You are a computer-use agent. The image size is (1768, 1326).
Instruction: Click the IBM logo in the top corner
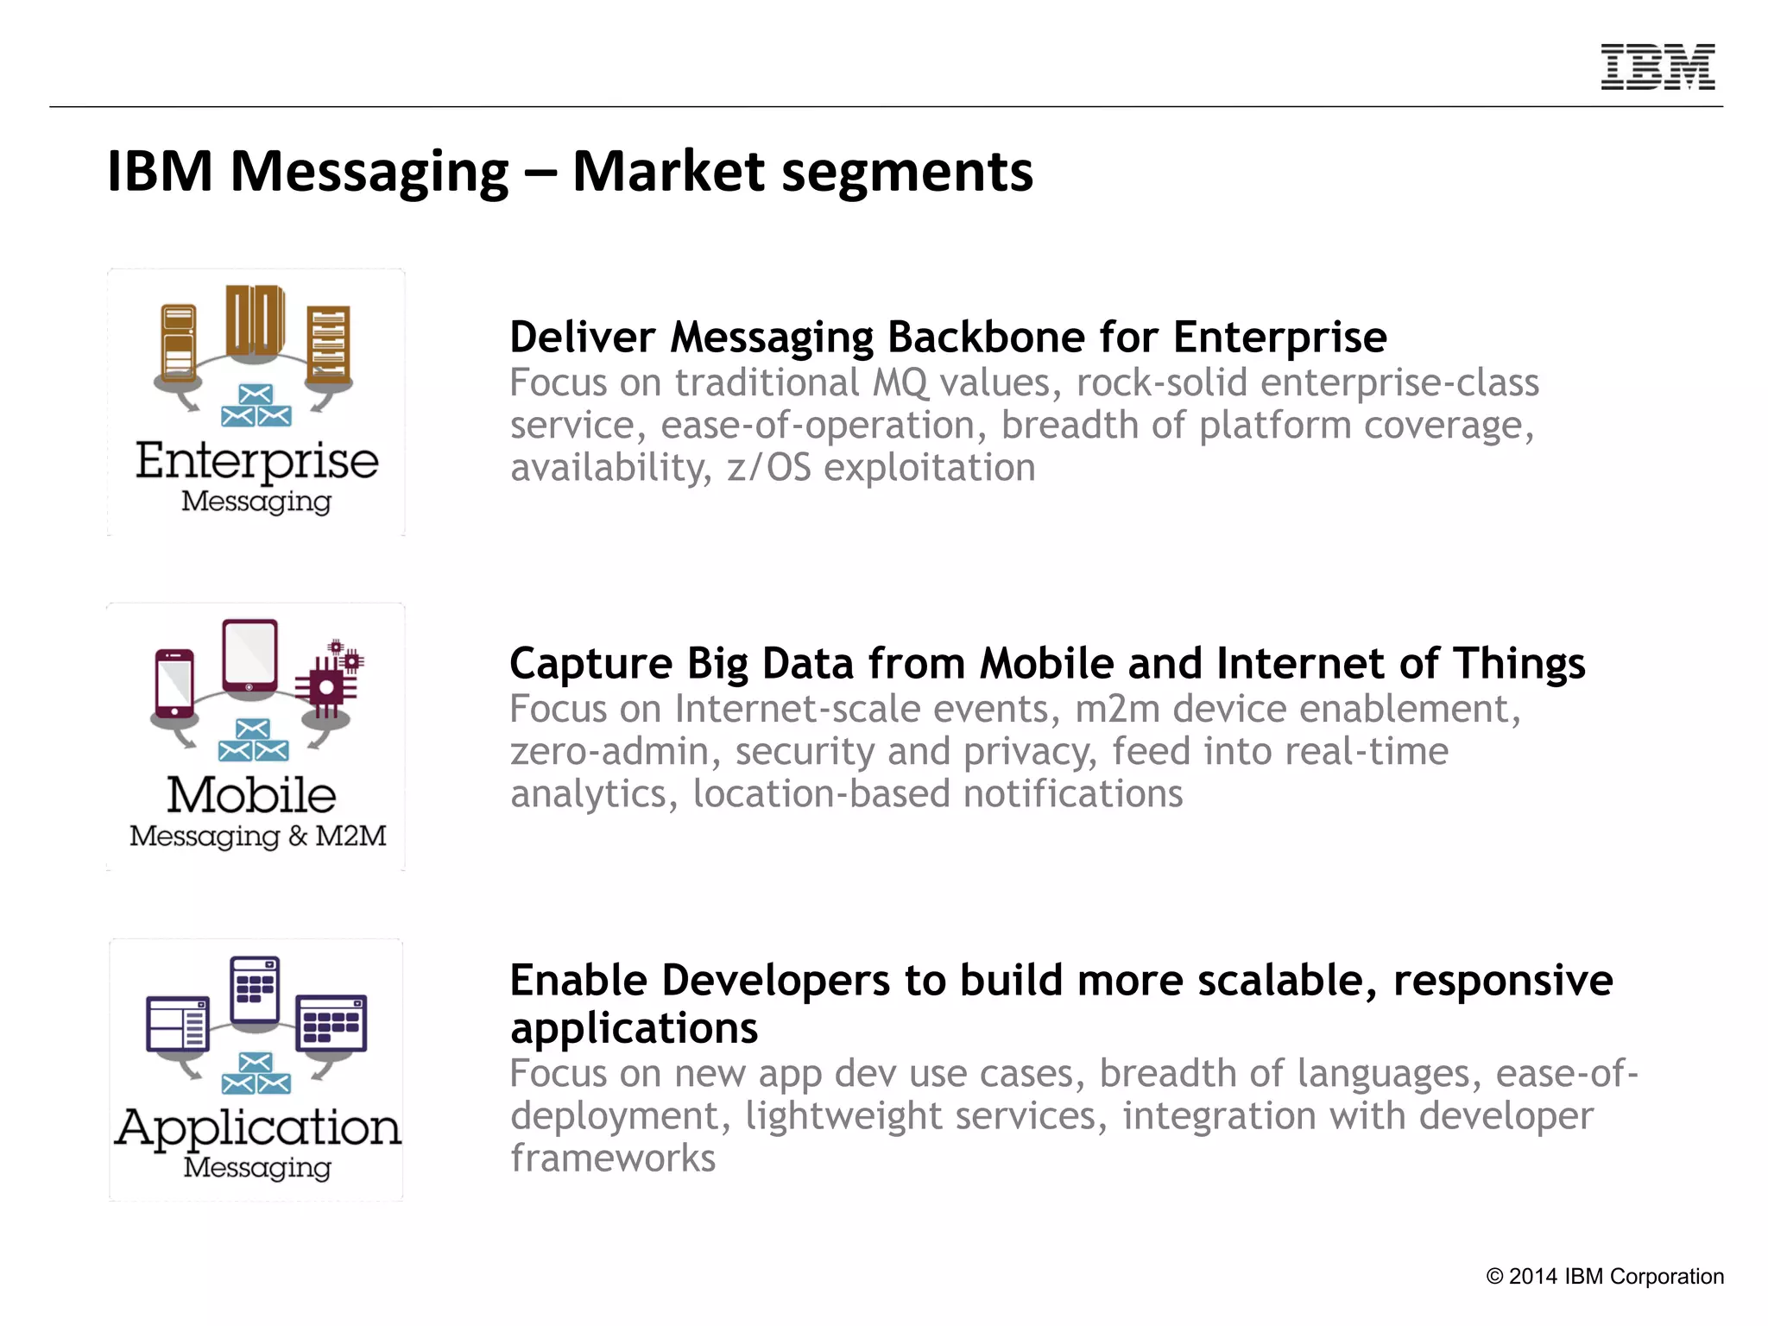click(x=1657, y=66)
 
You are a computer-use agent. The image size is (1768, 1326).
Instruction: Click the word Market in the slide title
click(x=668, y=171)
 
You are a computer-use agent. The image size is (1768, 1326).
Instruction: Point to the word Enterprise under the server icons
click(x=256, y=460)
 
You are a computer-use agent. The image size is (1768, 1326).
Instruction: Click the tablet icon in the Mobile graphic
click(x=249, y=655)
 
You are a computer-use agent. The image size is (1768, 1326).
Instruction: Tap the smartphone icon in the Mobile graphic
click(x=174, y=683)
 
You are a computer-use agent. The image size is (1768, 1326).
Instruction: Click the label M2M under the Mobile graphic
click(x=350, y=836)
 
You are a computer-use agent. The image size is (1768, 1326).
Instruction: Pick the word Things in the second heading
click(x=1519, y=663)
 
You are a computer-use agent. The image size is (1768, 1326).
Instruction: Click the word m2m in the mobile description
click(x=1117, y=709)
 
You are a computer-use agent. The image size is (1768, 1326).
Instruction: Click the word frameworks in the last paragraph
click(x=613, y=1159)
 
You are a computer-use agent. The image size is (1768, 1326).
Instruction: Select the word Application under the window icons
click(x=257, y=1127)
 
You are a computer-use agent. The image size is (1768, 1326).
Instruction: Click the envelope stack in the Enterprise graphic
click(x=256, y=407)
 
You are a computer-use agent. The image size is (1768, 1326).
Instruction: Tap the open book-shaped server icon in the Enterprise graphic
click(x=255, y=321)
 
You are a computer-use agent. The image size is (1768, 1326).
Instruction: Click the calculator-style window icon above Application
click(x=256, y=989)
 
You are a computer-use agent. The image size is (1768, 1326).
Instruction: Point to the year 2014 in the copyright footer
click(x=1532, y=1277)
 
